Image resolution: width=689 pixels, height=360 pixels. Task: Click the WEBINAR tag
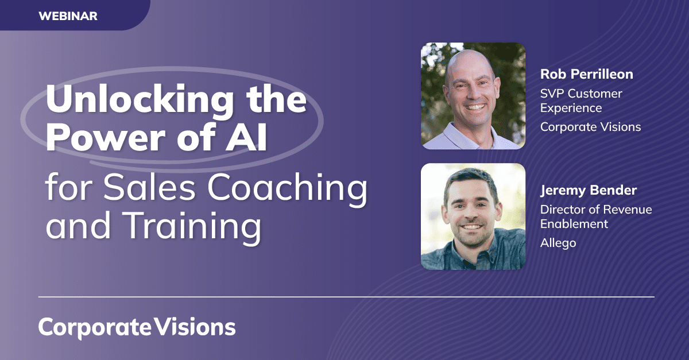coord(68,16)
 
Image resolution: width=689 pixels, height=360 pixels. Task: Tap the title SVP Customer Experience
coord(581,100)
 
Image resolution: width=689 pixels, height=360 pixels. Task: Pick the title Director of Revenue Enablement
coord(596,217)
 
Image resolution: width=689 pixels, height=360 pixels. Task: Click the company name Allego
coord(558,243)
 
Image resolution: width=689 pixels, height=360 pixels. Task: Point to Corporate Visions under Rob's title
coord(590,127)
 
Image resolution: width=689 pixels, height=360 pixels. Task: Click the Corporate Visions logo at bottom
coord(137,327)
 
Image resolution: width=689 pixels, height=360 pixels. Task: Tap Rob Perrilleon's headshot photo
coord(473,96)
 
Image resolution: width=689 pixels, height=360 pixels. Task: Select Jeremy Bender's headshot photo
coord(473,216)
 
